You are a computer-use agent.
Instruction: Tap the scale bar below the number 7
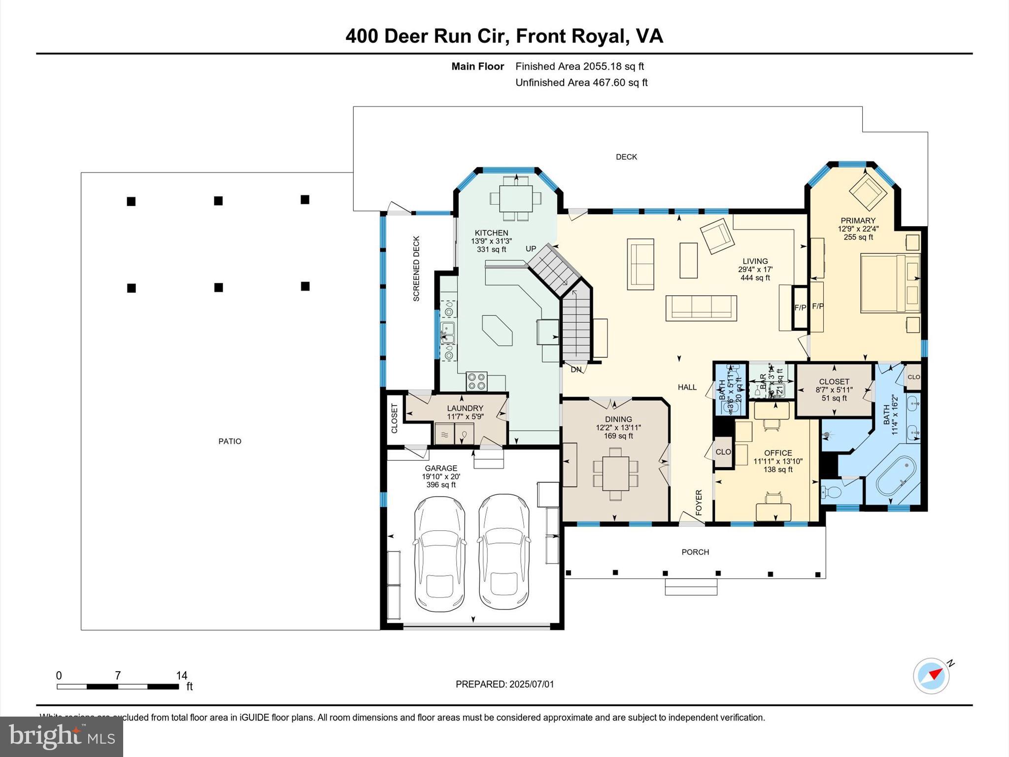(117, 687)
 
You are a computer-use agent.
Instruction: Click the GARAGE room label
(441, 468)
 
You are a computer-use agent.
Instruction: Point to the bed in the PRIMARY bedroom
(890, 283)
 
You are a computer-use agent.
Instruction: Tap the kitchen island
(498, 330)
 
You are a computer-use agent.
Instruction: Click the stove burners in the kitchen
(477, 381)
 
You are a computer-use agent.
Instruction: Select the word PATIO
(230, 442)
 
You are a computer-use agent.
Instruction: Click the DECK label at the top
(626, 157)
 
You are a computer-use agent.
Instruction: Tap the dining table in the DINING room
(615, 473)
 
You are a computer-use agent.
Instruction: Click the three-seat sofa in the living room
(701, 308)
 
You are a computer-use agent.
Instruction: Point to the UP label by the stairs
(531, 249)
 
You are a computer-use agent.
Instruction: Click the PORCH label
(695, 552)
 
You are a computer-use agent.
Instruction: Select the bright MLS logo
(62, 736)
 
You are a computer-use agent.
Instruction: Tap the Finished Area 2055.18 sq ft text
(579, 67)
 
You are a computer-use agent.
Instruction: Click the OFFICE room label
(778, 453)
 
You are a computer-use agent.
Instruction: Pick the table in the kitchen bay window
(515, 198)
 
